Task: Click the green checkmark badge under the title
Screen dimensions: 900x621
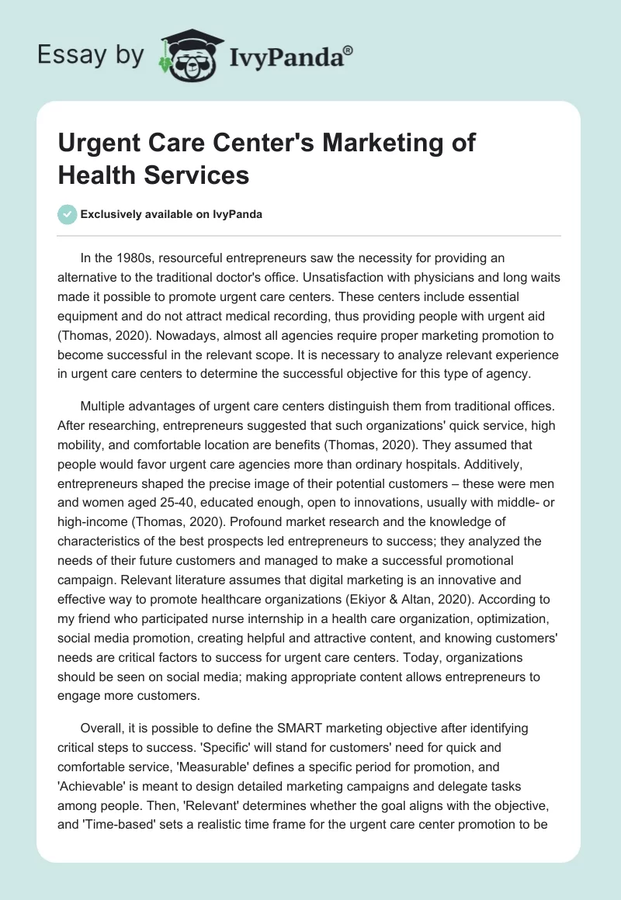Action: point(68,214)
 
